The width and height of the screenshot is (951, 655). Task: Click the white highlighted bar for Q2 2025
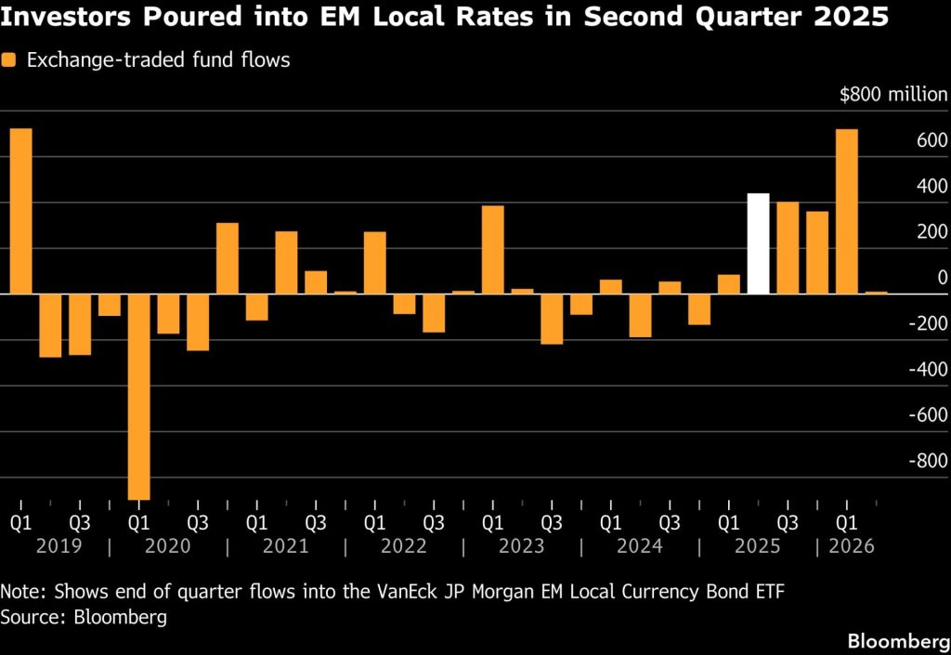pyautogui.click(x=758, y=243)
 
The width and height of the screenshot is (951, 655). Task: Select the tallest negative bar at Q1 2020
pyautogui.click(x=139, y=397)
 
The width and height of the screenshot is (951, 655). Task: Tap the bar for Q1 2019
pyautogui.click(x=21, y=211)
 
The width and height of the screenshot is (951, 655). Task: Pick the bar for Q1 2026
pyautogui.click(x=847, y=212)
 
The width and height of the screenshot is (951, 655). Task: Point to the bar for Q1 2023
pyautogui.click(x=493, y=250)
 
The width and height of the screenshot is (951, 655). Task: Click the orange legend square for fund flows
pyautogui.click(x=8, y=60)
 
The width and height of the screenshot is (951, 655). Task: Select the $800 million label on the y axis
pyautogui.click(x=893, y=95)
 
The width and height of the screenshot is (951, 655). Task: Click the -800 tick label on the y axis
pyautogui.click(x=928, y=461)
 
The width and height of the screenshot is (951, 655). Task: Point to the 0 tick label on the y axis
pyautogui.click(x=943, y=278)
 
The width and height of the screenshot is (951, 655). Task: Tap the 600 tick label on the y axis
pyautogui.click(x=932, y=140)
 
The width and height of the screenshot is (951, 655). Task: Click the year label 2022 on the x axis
pyautogui.click(x=403, y=546)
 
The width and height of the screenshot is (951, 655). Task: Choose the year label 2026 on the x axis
pyautogui.click(x=852, y=546)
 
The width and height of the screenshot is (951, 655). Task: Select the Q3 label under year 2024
pyautogui.click(x=670, y=523)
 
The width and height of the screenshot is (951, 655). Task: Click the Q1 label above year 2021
pyautogui.click(x=256, y=523)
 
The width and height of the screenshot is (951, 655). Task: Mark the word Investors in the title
pyautogui.click(x=66, y=17)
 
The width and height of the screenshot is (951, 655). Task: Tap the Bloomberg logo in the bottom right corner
pyautogui.click(x=899, y=641)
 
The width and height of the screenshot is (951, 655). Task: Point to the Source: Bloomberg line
pyautogui.click(x=84, y=618)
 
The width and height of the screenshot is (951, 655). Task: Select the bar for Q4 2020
pyautogui.click(x=228, y=258)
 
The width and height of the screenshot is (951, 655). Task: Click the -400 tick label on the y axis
pyautogui.click(x=928, y=370)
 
